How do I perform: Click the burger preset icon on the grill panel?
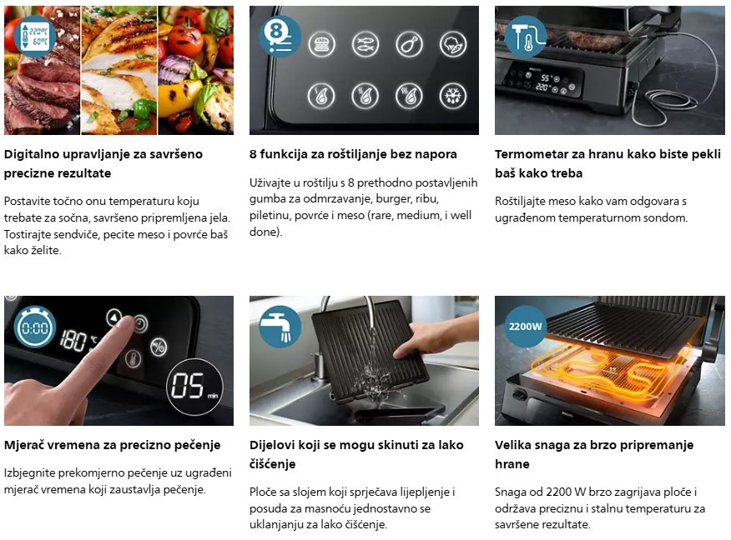(321, 44)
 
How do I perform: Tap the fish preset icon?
(365, 44)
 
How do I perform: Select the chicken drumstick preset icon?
(409, 44)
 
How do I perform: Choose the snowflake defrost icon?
(452, 96)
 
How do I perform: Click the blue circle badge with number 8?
(280, 37)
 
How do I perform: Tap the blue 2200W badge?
(526, 327)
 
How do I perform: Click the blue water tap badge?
(280, 327)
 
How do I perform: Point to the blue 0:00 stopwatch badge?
(35, 327)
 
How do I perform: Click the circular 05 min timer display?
(194, 387)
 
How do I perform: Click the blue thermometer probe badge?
(526, 37)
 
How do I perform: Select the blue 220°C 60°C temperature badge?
(35, 37)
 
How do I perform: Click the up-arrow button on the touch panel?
(113, 317)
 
